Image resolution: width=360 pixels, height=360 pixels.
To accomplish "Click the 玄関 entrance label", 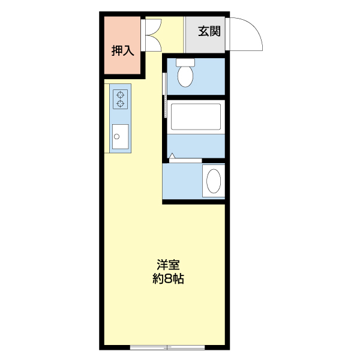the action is click(209, 31).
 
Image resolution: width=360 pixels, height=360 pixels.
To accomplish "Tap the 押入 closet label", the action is click(122, 50).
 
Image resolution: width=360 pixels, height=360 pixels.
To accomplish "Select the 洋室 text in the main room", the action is click(168, 265).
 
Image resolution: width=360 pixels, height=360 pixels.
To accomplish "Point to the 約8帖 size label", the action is click(168, 279).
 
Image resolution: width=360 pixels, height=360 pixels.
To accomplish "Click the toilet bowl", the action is click(185, 76).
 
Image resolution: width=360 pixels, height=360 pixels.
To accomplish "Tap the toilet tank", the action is click(185, 62).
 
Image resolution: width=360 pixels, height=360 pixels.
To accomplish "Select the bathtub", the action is click(196, 117).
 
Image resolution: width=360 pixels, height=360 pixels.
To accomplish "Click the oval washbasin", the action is click(214, 181).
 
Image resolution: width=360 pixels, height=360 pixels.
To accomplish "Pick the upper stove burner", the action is click(121, 95).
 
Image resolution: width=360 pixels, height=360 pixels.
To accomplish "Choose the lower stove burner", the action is click(121, 104).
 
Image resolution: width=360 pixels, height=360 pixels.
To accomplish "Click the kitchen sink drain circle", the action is click(116, 137).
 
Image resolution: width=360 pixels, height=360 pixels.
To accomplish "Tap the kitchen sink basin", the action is click(121, 137).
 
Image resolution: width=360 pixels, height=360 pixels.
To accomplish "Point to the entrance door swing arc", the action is click(256, 28).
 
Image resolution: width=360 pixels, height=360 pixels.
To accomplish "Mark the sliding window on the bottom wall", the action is click(167, 347).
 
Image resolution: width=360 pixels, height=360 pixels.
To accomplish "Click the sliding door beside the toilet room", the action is click(165, 95).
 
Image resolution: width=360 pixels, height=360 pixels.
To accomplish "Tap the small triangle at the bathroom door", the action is click(172, 155).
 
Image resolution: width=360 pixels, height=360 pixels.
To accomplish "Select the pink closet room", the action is click(122, 45).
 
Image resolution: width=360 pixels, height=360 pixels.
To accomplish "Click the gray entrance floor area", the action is click(205, 35).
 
